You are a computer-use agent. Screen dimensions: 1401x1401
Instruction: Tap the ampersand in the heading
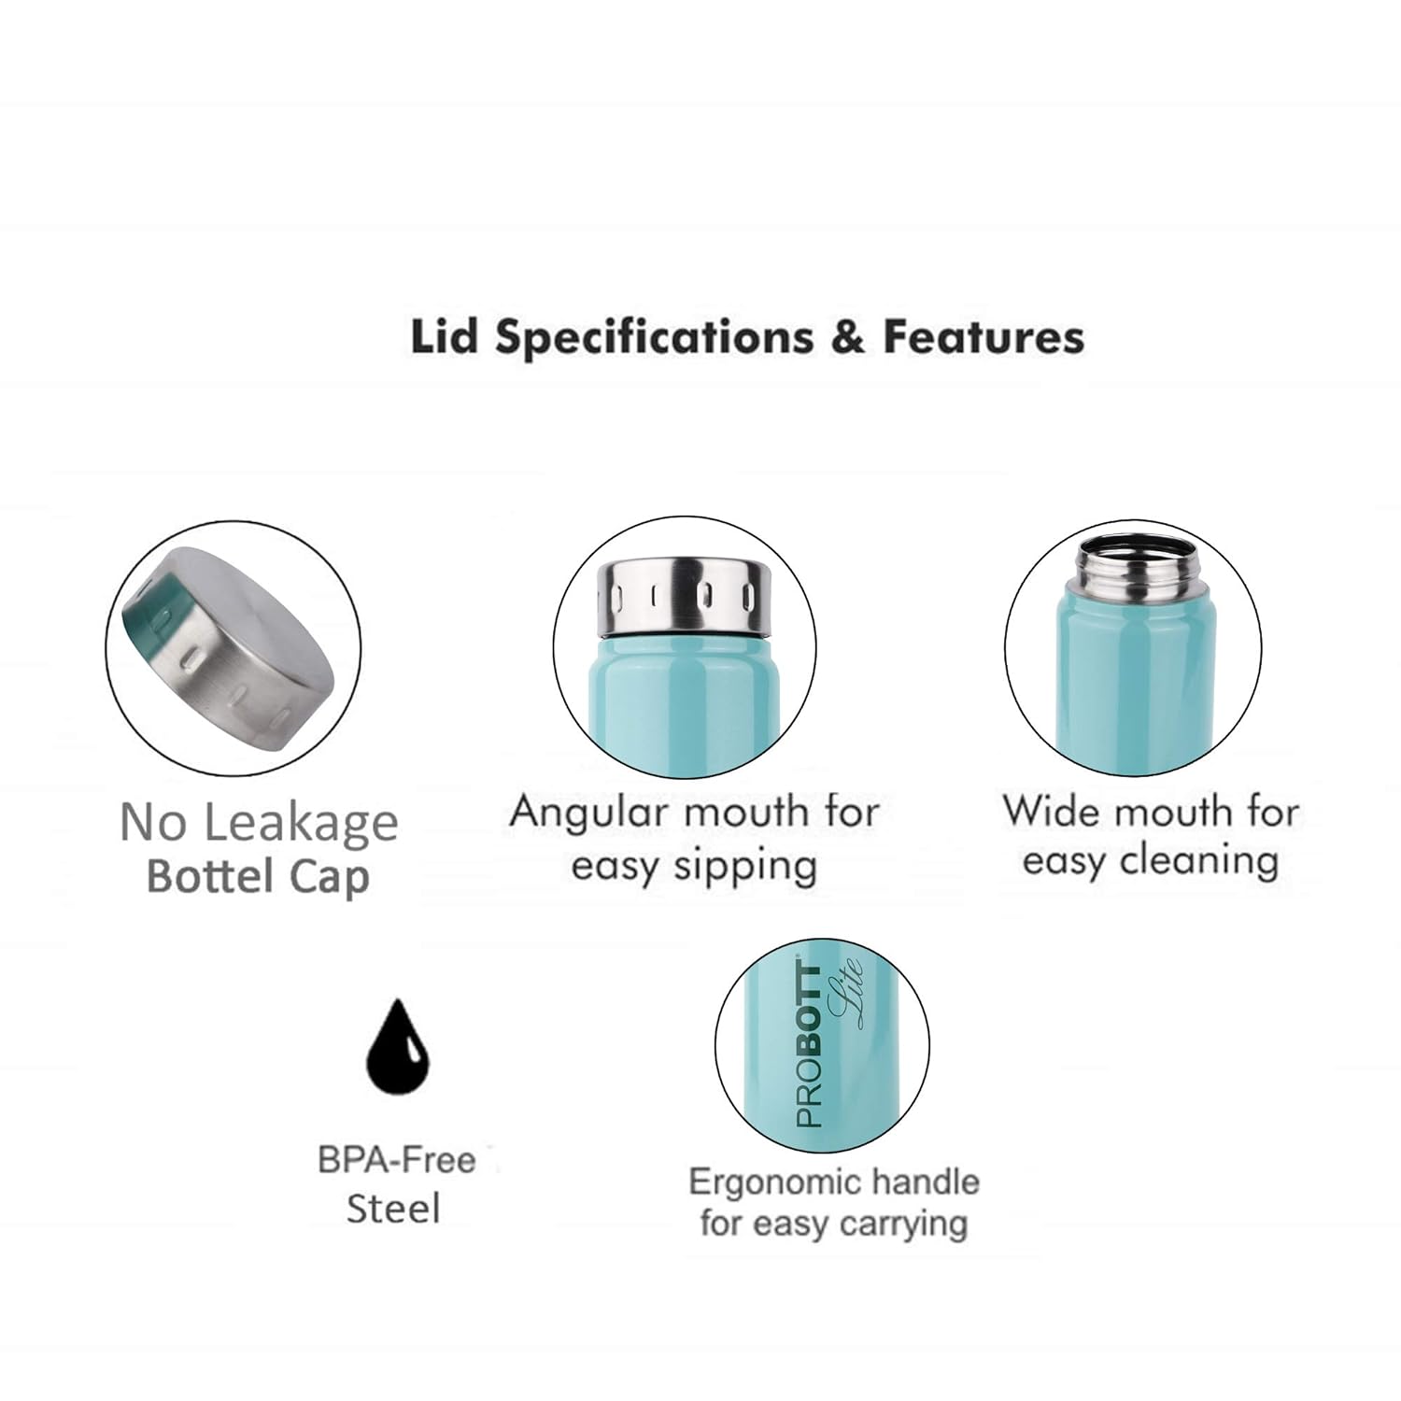pos(847,337)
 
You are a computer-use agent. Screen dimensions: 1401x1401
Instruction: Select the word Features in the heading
pos(984,337)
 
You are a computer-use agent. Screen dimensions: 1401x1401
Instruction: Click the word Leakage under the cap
pos(301,824)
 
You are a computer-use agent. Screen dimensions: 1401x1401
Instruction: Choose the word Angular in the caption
pos(587,813)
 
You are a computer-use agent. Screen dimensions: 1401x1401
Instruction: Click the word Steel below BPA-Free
pos(393,1209)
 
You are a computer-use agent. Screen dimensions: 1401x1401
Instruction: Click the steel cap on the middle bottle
pos(684,594)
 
